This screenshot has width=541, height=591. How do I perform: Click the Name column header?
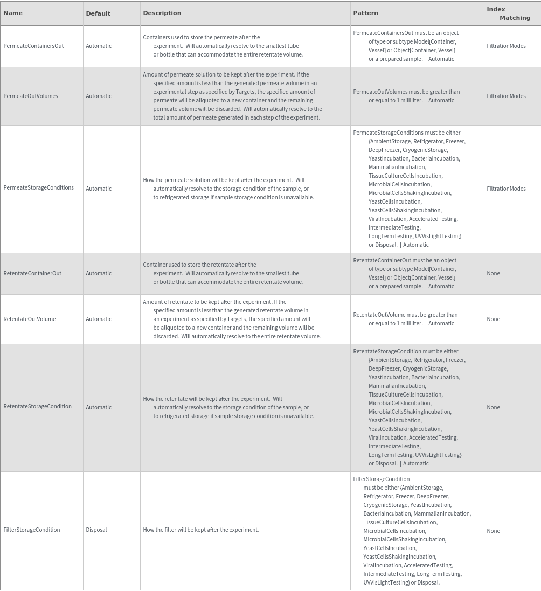click(13, 13)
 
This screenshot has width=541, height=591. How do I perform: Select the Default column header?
click(98, 13)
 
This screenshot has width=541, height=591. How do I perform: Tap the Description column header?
click(162, 13)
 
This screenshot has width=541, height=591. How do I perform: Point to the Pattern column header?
click(365, 13)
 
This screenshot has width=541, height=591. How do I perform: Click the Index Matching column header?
click(508, 13)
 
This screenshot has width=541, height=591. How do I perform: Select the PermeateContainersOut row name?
click(33, 46)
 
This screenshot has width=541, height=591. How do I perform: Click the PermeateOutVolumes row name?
click(31, 96)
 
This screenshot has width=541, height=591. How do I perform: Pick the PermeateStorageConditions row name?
click(39, 187)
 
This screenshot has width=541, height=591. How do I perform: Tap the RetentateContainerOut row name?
click(32, 273)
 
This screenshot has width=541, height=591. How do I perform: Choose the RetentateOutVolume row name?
click(30, 319)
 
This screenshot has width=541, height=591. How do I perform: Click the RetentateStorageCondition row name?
click(38, 406)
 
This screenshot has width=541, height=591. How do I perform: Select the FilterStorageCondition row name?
click(32, 530)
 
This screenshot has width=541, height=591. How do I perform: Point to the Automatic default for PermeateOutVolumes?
click(99, 96)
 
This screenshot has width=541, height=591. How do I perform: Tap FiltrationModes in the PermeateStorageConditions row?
click(506, 189)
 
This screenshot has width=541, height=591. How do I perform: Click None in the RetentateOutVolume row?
click(493, 319)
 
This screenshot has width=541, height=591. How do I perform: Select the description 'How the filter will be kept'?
click(201, 530)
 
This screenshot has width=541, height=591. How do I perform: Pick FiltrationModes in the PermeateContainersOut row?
click(506, 46)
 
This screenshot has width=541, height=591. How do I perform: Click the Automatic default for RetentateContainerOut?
click(99, 273)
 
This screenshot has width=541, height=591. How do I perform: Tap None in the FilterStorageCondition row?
click(493, 531)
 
